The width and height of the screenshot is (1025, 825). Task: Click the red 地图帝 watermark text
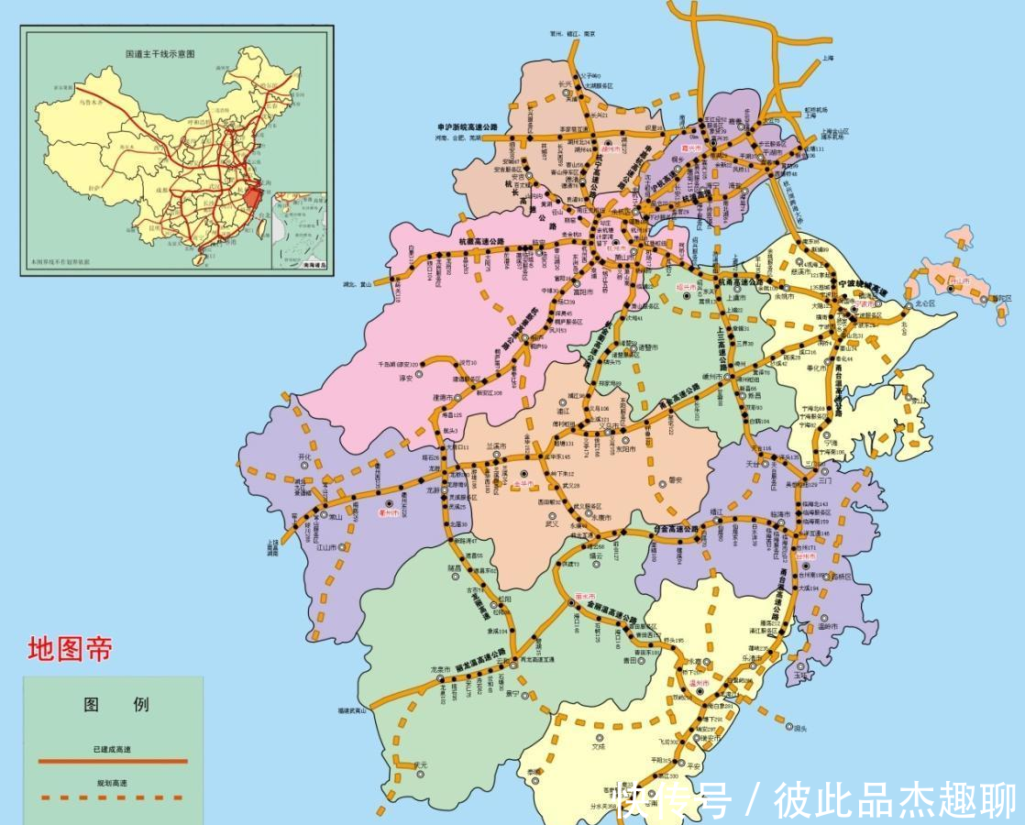coord(70,649)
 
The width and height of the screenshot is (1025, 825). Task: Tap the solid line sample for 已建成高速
coord(112,761)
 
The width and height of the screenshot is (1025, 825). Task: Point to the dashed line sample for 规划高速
coord(112,797)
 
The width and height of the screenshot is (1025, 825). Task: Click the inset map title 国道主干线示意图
coord(160,54)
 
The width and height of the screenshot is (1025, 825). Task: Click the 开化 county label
coord(304,456)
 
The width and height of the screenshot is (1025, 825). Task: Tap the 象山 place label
coord(917,400)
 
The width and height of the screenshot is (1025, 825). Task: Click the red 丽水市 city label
coord(585,596)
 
